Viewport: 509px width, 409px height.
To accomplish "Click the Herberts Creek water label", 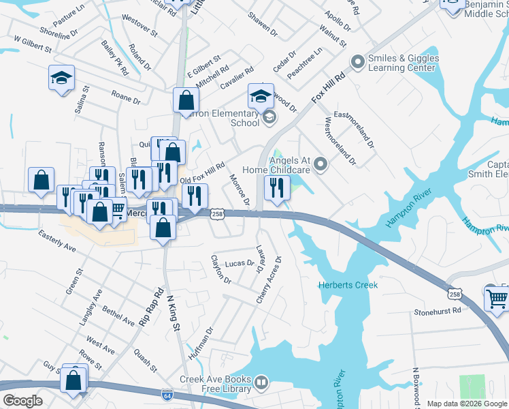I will pos(348,285).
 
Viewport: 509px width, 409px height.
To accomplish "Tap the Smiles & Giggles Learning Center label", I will pos(403,63).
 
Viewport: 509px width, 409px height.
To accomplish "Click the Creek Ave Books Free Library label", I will pos(216,384).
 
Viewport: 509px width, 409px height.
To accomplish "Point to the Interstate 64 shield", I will pos(167,395).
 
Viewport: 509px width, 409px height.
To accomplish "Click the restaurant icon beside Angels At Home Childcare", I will pos(276,188).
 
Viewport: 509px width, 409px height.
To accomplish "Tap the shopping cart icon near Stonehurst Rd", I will pos(497,298).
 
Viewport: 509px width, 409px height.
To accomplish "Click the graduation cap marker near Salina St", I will pos(61,78).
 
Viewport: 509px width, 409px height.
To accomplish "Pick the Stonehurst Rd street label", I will pos(438,311).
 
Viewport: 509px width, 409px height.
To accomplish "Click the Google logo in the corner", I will pos(22,401).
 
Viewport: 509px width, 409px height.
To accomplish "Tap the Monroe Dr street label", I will pos(240,190).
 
